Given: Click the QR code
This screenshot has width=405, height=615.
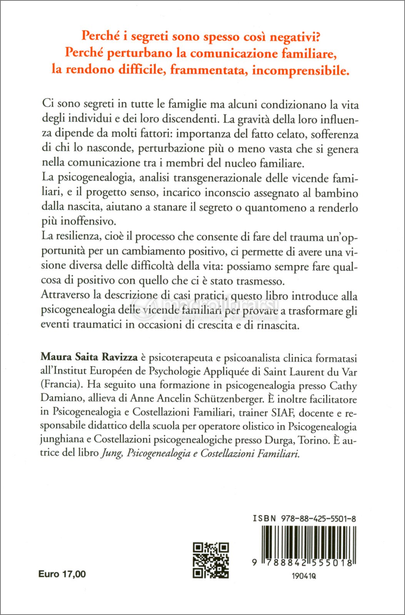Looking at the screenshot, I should [211, 560].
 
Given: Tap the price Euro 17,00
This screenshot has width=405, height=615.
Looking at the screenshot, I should [62, 574].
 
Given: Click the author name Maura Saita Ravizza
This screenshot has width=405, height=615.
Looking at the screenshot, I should [89, 357].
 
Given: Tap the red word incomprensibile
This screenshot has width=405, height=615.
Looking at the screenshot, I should [301, 71].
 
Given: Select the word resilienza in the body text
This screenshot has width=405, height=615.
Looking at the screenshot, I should [81, 236].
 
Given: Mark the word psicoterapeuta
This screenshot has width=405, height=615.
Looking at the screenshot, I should [181, 358].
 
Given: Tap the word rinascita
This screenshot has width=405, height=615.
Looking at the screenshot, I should [278, 326].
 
